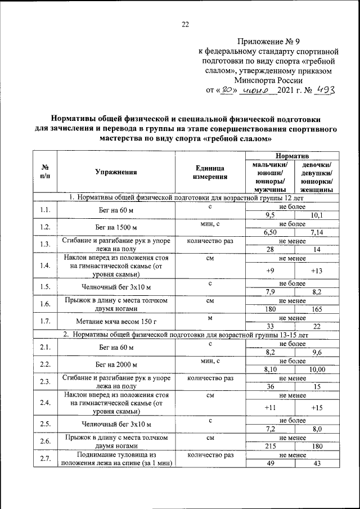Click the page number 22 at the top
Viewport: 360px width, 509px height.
(185, 24)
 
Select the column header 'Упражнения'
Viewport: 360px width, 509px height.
(116, 173)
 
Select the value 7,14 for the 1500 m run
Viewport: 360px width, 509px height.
(317, 232)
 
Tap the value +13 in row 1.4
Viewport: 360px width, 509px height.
(317, 271)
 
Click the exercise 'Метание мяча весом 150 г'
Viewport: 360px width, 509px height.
(116, 322)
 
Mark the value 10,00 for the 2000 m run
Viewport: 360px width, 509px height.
(317, 369)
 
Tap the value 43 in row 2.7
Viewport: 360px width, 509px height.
(317, 463)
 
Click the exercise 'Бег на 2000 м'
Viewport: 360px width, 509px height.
(116, 365)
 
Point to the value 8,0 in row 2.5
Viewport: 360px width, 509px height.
(317, 429)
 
